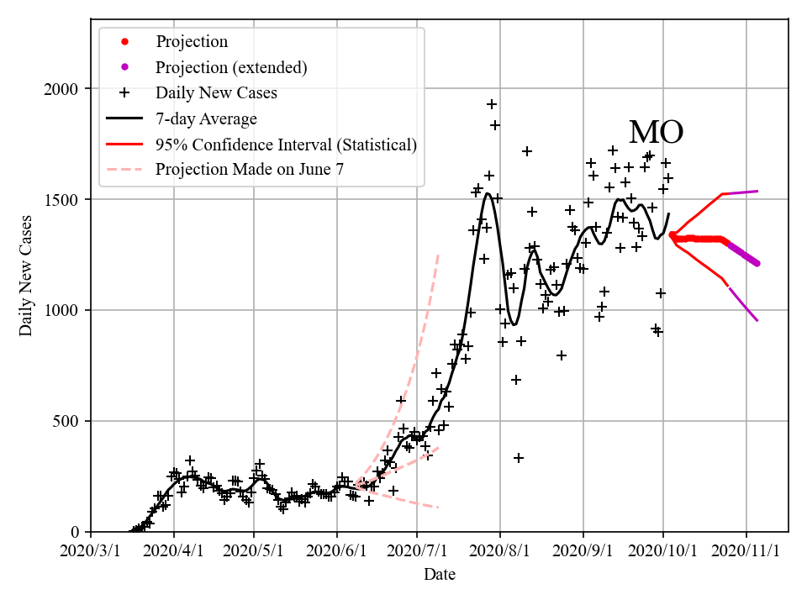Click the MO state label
pos(656,133)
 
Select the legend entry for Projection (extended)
pos(230,67)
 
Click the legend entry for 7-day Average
pos(206,118)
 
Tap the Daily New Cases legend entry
pos(216,92)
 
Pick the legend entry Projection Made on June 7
pos(250,170)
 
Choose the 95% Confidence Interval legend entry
pos(286,145)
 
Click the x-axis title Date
pos(440,575)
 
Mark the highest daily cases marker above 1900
pos(492,104)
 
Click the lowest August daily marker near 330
pos(519,458)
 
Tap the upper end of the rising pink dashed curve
pos(438,254)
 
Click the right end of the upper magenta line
pos(757,191)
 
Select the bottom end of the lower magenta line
pos(757,320)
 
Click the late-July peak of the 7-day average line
pos(488,194)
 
